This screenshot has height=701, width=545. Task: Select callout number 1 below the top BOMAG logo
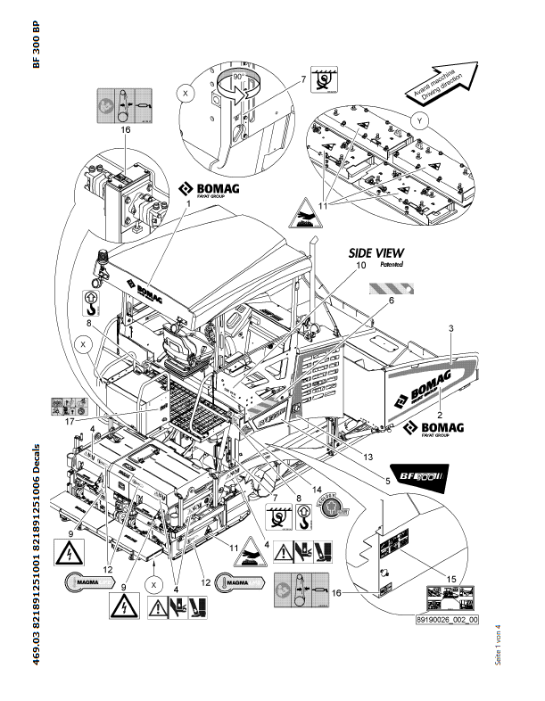click(x=189, y=204)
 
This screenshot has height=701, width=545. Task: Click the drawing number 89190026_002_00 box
click(x=447, y=619)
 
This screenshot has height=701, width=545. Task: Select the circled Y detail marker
click(x=419, y=118)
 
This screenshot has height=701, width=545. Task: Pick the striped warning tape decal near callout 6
click(x=392, y=288)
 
